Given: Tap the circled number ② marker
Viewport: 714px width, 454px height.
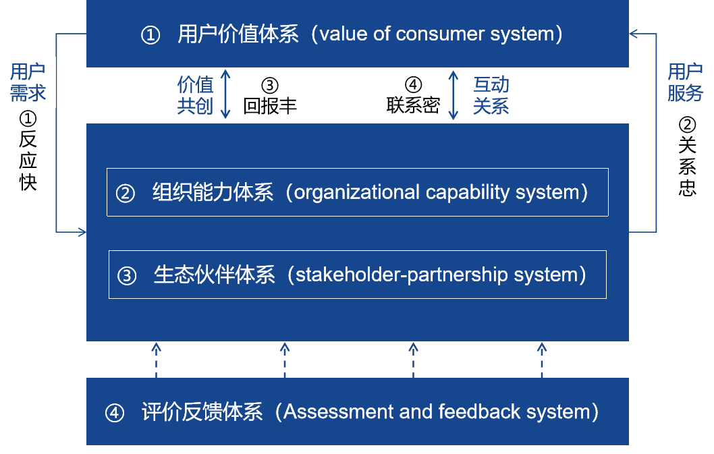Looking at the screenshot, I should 126,194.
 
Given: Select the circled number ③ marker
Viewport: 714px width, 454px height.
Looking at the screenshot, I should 127,276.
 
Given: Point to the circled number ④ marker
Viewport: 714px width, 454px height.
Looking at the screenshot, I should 115,413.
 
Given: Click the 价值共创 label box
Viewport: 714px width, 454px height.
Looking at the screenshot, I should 195,95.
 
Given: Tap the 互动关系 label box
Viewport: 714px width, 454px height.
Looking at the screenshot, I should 491,95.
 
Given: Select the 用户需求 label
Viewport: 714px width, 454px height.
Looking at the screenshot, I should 28,82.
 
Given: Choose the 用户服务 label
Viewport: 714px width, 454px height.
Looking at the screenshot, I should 685,82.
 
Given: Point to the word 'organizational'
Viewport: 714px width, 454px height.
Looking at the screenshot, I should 357,193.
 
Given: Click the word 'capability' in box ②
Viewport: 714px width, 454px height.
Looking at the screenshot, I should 468,193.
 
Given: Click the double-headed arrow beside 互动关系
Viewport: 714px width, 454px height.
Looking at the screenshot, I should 454,95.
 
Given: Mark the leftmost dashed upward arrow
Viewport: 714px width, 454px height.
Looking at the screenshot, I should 156,360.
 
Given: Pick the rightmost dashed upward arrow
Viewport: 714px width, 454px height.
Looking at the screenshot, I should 542,360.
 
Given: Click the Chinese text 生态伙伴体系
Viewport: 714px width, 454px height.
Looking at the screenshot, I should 215,275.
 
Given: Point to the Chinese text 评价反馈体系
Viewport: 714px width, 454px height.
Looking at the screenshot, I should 202,412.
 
